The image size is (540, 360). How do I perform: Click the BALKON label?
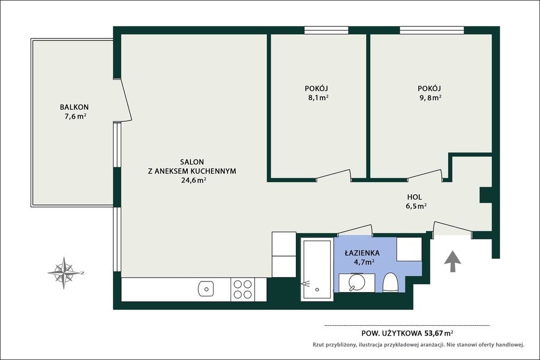(x=74, y=107)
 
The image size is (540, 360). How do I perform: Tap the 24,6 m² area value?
(x=194, y=180)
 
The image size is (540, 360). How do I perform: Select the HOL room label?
(x=414, y=197)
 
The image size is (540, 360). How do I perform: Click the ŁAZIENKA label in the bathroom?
(x=362, y=252)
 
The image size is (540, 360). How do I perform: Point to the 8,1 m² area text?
(x=318, y=98)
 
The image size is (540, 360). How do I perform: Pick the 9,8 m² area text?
(x=430, y=98)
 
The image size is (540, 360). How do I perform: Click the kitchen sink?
(x=206, y=289)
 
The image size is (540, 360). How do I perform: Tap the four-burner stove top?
(x=243, y=289)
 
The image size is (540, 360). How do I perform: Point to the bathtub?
(x=317, y=270)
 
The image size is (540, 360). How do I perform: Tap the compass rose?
(x=64, y=273)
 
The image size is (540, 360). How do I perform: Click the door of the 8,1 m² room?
(x=334, y=174)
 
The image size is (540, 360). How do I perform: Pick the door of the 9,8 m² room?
(x=425, y=174)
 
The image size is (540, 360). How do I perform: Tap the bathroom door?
(x=355, y=230)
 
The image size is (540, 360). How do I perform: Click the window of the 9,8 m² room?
(x=432, y=30)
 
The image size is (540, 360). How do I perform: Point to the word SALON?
(x=192, y=162)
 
